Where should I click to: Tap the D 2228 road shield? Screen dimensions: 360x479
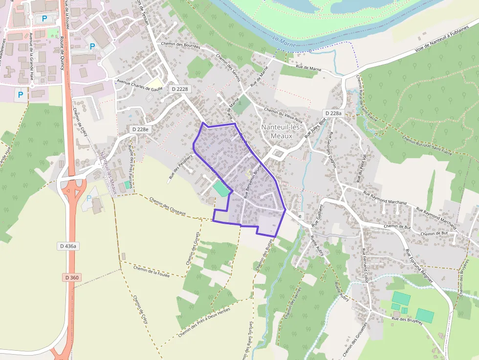pyautogui.click(x=179, y=89)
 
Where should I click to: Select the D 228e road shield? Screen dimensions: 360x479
pyautogui.click(x=140, y=129)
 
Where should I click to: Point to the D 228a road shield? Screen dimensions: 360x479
pyautogui.click(x=334, y=113)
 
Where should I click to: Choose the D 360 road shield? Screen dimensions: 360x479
pyautogui.click(x=71, y=277)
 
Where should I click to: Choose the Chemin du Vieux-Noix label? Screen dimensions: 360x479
pyautogui.click(x=283, y=114)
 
